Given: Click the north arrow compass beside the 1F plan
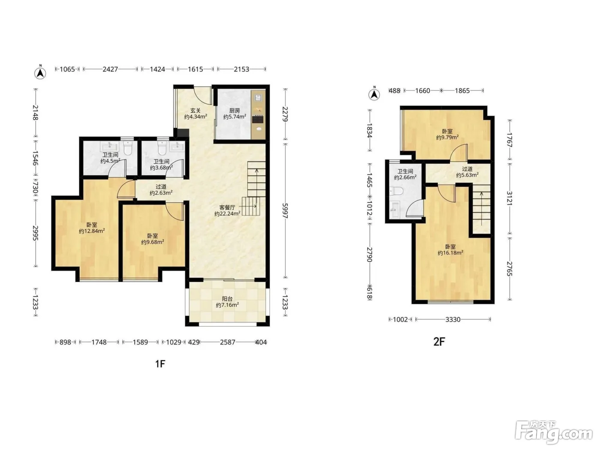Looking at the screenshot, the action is (x=40, y=73).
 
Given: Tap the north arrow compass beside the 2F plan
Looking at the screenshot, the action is (x=374, y=94).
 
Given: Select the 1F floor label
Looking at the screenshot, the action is (x=160, y=364).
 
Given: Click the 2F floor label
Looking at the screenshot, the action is (x=439, y=342).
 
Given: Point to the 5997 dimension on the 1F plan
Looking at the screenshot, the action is (x=285, y=211).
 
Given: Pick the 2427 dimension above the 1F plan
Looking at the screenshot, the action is (x=110, y=69).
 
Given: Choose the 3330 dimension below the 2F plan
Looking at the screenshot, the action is (x=453, y=319).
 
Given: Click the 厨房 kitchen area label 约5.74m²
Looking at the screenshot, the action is (x=235, y=117).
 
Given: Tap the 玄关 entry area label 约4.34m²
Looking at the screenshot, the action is (x=195, y=117).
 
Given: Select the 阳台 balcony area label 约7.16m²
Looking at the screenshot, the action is (x=228, y=305).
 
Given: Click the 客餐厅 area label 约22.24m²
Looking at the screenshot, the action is (x=228, y=214).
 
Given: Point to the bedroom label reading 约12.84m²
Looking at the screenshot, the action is (x=92, y=231).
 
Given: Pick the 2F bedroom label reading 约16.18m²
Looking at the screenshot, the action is (x=450, y=253).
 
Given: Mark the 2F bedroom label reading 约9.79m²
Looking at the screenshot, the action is (x=447, y=138).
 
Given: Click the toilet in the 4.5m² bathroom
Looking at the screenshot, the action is (x=128, y=147).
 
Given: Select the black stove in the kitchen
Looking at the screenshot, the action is (x=258, y=120).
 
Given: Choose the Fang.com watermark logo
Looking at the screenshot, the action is (x=554, y=433).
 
